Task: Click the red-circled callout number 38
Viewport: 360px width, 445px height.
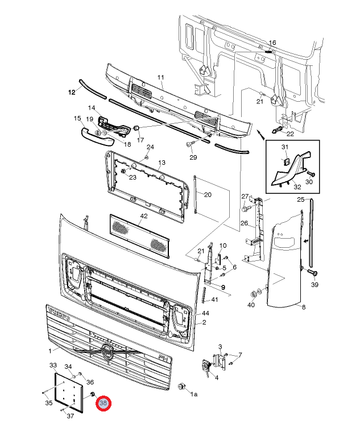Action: pos(103,403)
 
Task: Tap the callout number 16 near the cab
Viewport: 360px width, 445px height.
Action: pos(272,43)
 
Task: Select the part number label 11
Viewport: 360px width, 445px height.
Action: pos(161,77)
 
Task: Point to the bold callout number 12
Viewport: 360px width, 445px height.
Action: pos(72,92)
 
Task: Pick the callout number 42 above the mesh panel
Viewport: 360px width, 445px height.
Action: pos(144,216)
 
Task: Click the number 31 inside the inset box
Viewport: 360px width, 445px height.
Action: pos(285,147)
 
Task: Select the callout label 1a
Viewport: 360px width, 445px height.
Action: pos(194,394)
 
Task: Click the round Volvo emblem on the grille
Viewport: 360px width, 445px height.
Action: pos(107,352)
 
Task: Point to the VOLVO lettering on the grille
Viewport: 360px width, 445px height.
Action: pos(60,314)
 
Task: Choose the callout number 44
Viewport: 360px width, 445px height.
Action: pos(205,313)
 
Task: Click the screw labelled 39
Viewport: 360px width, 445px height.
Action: pos(313,273)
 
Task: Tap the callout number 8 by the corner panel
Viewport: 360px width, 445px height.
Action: pos(304,307)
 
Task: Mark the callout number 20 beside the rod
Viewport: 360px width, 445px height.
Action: pos(208,194)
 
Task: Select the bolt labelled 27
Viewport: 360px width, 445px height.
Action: pos(245,209)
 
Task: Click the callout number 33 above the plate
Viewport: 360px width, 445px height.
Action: pos(53,365)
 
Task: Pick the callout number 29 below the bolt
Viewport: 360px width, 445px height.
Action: pos(193,157)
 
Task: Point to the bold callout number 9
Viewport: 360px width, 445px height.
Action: pos(223,287)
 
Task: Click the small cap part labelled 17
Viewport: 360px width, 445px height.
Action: pos(136,128)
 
